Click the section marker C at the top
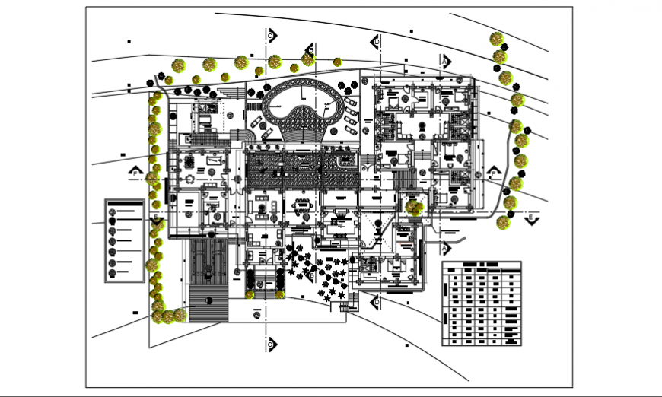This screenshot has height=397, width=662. [x=270, y=35]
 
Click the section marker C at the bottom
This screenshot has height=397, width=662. [x=270, y=345]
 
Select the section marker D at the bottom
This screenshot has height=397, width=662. [x=375, y=303]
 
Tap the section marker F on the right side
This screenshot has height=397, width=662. [x=495, y=173]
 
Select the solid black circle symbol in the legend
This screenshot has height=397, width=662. [x=113, y=221]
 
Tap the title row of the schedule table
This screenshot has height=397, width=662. [x=482, y=265]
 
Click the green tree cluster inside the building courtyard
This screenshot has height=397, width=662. [x=415, y=207]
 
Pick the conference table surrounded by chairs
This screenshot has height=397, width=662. [x=303, y=204]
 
